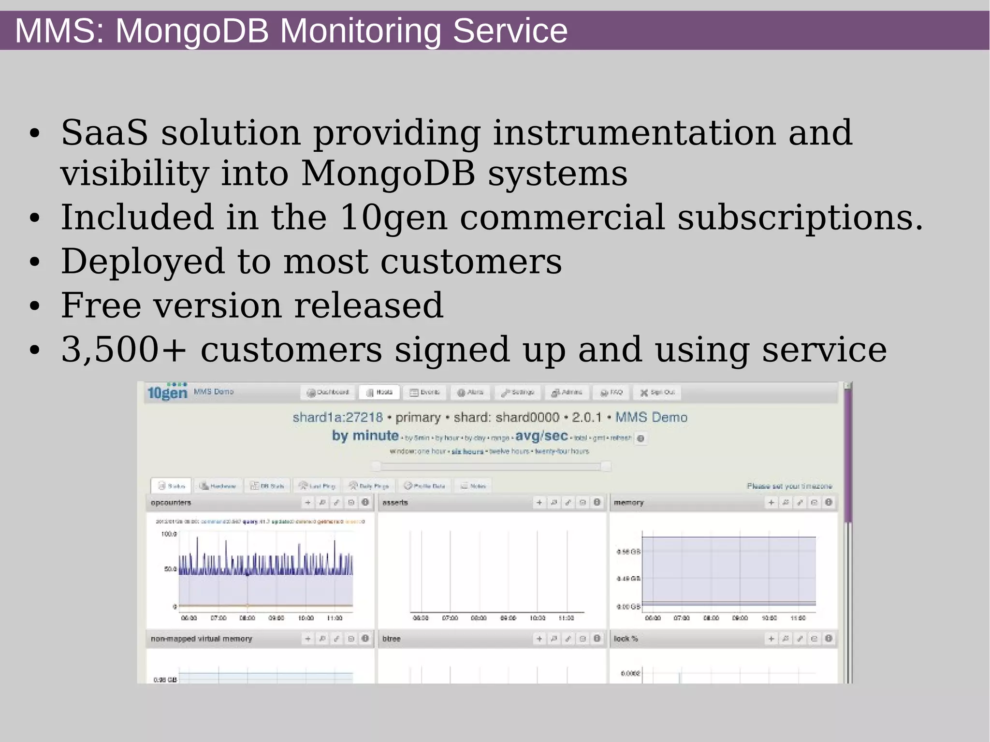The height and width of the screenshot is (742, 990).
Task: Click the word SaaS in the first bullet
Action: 104,133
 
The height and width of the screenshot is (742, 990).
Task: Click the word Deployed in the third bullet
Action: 143,262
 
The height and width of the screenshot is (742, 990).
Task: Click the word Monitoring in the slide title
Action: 360,31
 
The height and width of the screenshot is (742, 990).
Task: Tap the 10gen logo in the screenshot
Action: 167,392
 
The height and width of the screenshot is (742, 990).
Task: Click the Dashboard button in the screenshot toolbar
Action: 328,392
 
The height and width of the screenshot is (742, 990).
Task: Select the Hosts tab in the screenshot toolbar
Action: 379,392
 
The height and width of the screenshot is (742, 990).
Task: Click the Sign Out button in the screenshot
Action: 657,392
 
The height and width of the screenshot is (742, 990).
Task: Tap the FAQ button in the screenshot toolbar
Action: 611,392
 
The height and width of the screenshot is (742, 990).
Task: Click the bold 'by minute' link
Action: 365,436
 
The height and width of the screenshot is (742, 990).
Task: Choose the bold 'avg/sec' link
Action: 541,436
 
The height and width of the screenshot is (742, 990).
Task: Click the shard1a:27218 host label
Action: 337,417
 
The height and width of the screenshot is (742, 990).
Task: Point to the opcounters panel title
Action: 171,503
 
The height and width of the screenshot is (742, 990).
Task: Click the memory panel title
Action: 628,503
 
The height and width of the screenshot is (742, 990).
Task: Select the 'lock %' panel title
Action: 626,639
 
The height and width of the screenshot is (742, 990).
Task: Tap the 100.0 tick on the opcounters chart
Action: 169,534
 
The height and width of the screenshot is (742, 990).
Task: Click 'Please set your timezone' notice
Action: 789,486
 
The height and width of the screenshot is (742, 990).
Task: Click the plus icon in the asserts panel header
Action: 539,503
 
